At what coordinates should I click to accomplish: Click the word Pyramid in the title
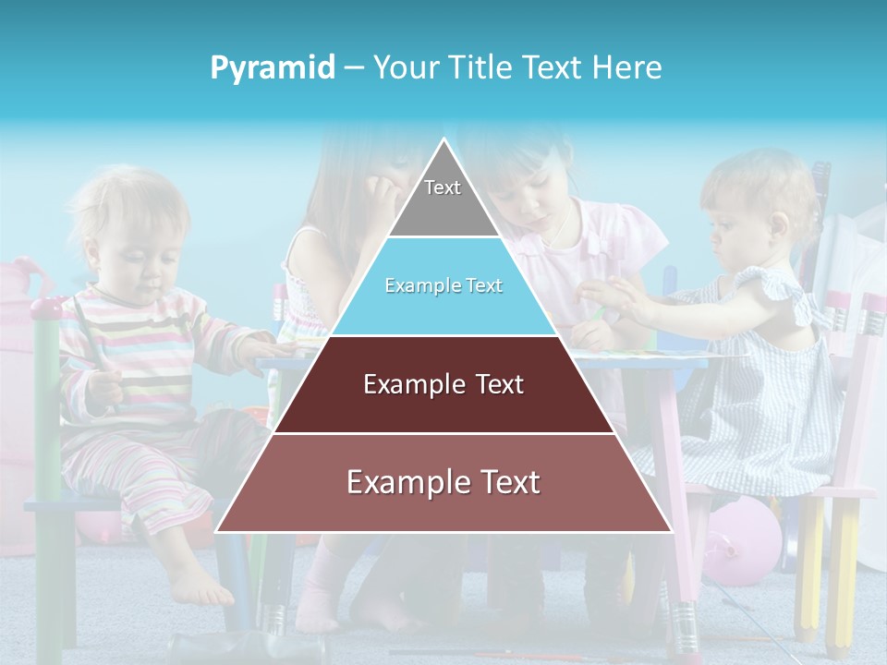click(x=273, y=68)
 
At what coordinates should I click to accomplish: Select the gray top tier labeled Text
click(x=443, y=199)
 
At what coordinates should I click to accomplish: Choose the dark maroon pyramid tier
click(x=443, y=406)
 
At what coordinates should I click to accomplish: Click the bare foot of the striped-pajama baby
click(x=199, y=586)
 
